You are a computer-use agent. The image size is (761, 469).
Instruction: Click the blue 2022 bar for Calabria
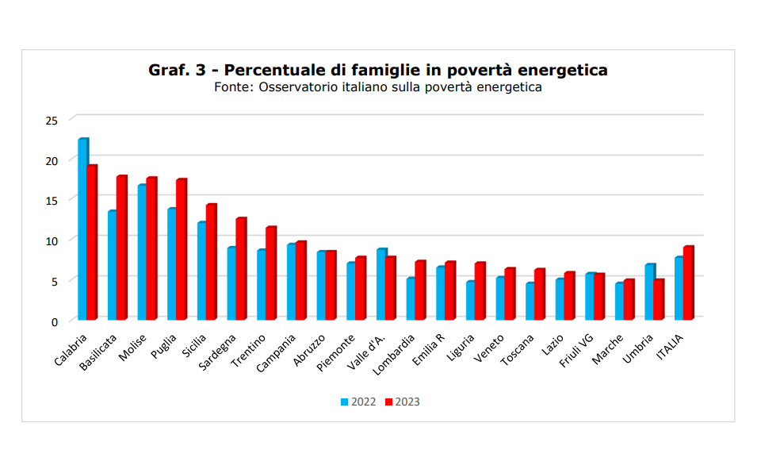click(82, 230)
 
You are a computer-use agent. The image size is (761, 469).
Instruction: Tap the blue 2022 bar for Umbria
click(649, 292)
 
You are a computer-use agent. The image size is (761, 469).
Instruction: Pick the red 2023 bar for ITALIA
click(688, 283)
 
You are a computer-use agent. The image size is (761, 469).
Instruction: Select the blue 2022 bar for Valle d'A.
click(380, 284)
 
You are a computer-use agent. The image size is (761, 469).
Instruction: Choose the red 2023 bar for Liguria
click(479, 291)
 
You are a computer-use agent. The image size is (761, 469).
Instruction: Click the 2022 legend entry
click(358, 402)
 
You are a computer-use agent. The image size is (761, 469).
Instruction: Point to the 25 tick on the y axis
click(52, 121)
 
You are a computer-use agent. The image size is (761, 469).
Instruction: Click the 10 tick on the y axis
click(52, 240)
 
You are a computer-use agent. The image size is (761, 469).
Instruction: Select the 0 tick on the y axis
click(54, 321)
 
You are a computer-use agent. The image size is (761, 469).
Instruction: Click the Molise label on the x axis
click(133, 346)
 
